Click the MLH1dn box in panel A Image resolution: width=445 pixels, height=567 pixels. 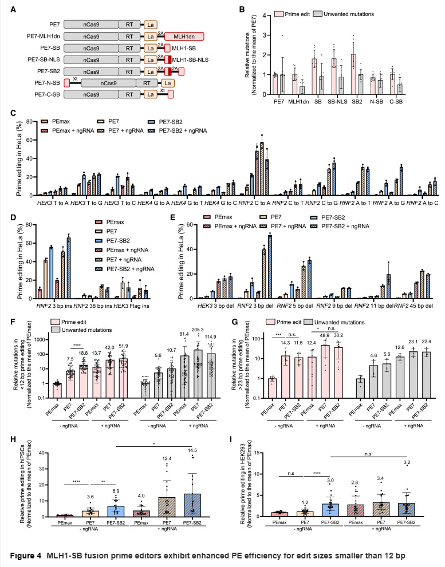[184, 36]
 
